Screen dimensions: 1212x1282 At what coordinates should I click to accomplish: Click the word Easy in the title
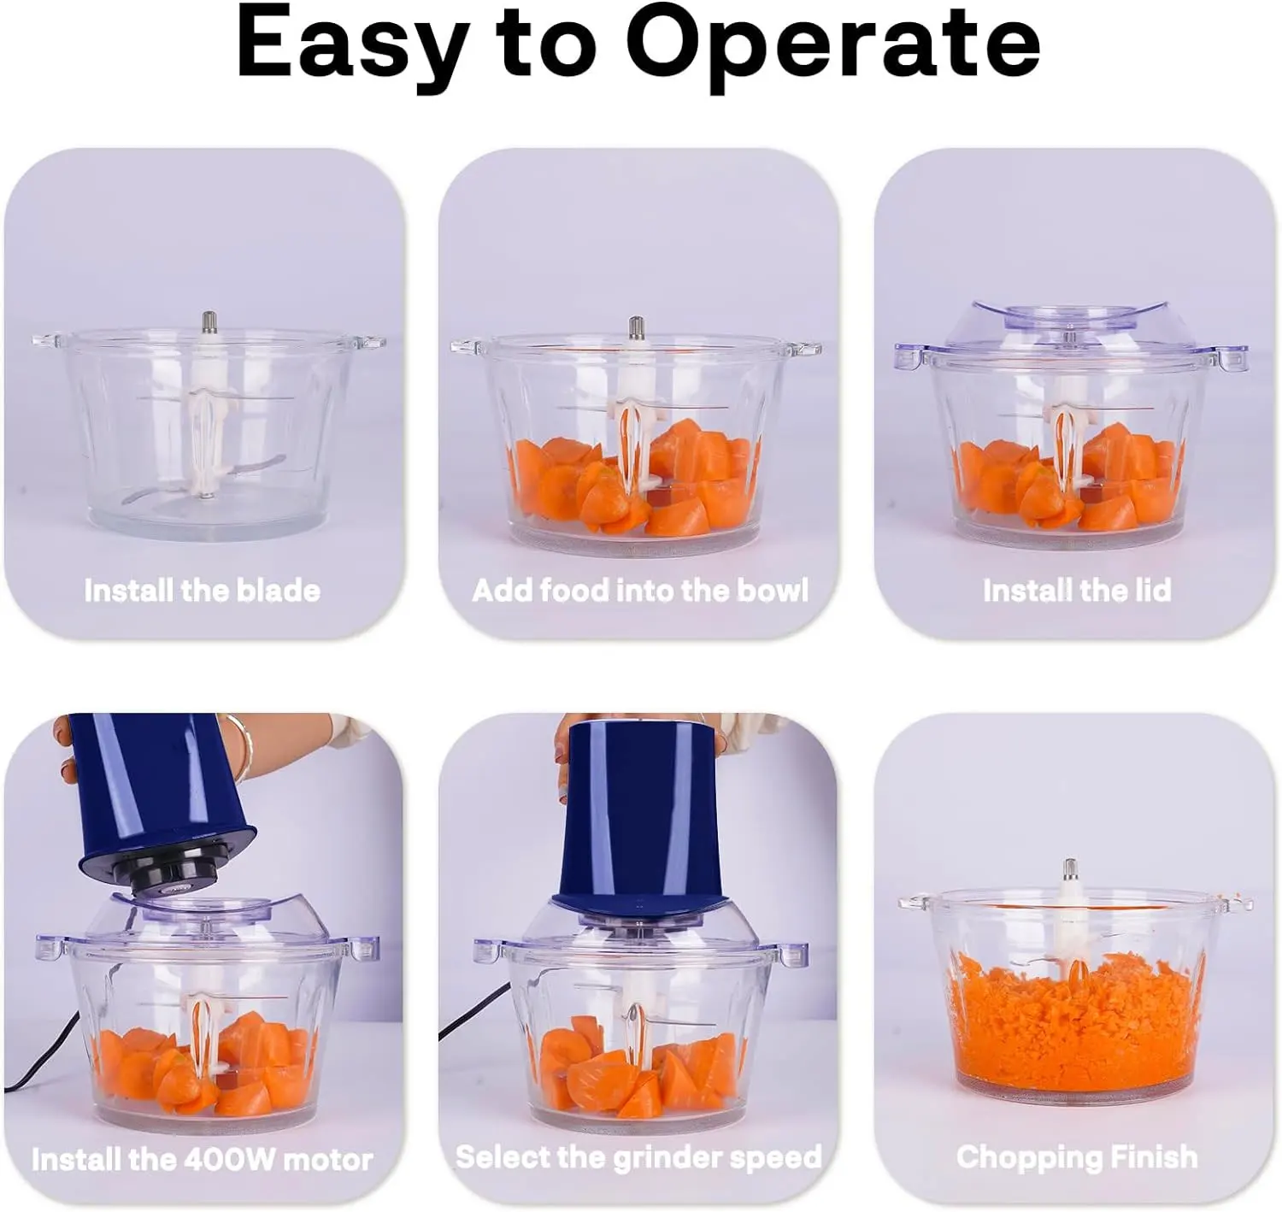(x=349, y=44)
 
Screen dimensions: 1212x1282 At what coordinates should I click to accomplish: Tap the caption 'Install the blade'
(x=203, y=591)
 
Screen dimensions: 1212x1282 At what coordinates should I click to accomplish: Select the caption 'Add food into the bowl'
(x=640, y=591)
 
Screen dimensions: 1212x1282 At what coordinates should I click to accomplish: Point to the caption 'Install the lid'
(x=1077, y=591)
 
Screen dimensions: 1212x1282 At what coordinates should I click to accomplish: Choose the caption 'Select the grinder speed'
(x=638, y=1157)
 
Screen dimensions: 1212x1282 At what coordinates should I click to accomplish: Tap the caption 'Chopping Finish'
(x=1077, y=1157)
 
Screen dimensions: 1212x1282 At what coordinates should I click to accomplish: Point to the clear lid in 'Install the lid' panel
(x=1071, y=325)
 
